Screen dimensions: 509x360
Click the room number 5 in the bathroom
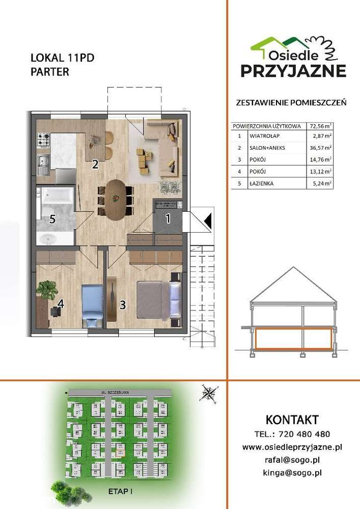pos(52,220)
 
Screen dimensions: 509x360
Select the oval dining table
pos(115,199)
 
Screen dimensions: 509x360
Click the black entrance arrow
pos(207,220)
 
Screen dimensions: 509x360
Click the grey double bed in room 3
pos(157,298)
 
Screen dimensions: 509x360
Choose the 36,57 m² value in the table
pos(321,148)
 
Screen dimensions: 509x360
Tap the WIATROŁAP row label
pos(265,136)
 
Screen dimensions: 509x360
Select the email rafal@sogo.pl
pos(293,460)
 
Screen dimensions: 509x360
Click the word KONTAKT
pos(292,420)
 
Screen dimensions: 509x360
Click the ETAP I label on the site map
pos(121,492)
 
